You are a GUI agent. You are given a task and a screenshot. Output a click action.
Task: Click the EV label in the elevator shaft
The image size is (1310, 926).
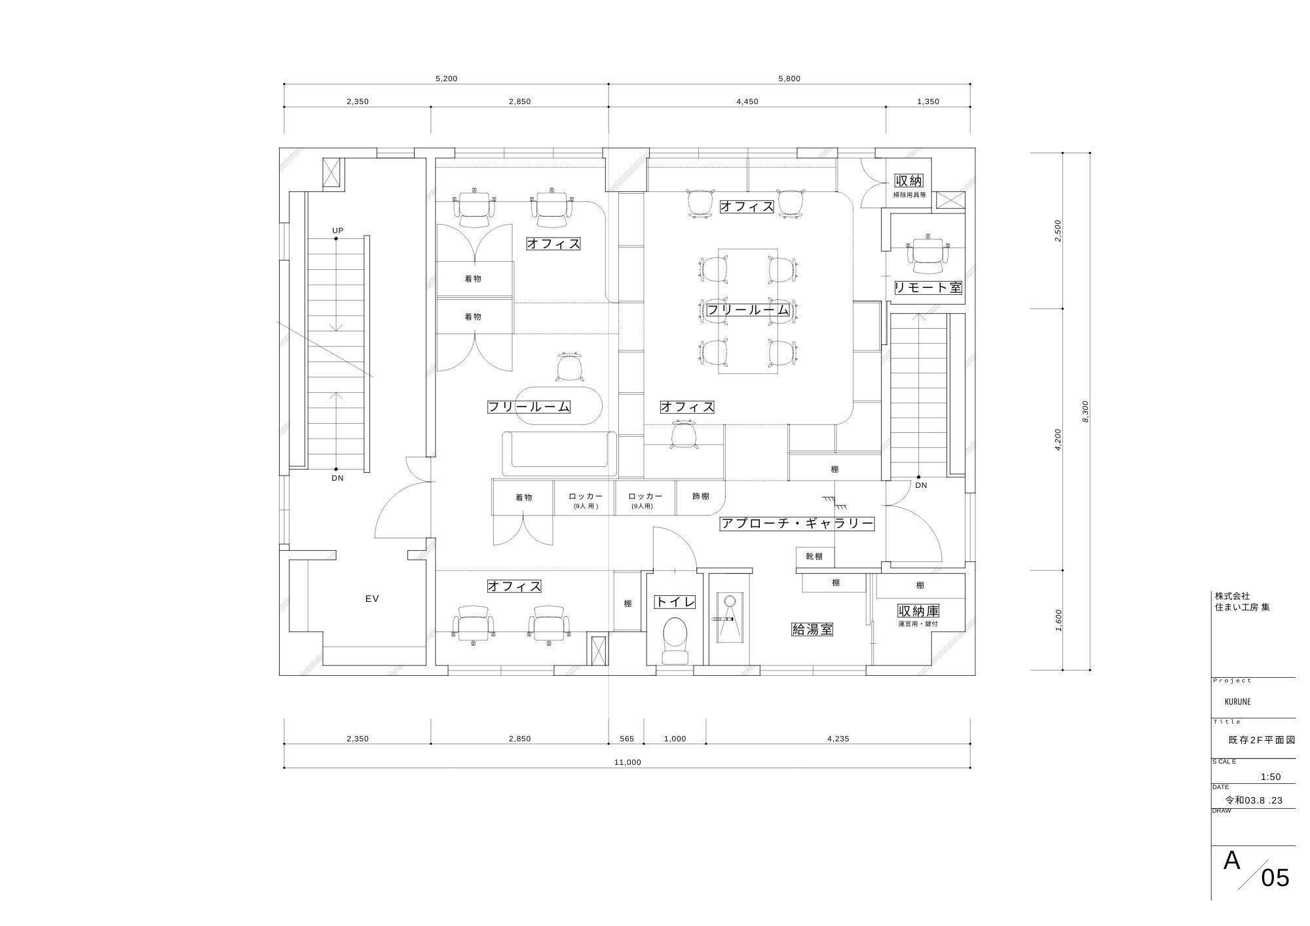coord(372,599)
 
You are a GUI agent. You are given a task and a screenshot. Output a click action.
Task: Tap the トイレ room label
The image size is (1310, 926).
coord(675,602)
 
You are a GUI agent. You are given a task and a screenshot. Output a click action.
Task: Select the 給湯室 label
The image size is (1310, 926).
coord(812,629)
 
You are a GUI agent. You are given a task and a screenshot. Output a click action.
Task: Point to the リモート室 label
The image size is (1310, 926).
coord(928,287)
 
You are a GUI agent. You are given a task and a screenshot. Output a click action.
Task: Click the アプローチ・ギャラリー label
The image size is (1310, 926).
coord(797,523)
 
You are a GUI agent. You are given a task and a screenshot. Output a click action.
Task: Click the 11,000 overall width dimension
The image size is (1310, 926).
coord(628,762)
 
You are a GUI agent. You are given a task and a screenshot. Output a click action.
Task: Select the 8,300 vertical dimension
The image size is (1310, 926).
coord(1085,411)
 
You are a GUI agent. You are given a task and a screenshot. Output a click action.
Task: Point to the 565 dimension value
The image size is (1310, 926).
coord(627,739)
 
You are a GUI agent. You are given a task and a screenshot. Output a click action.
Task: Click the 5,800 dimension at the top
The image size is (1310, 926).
coord(789,79)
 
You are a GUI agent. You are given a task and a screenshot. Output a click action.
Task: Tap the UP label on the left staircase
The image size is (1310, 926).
coord(338,231)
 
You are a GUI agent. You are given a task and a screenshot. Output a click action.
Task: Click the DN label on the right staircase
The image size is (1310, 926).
coord(921,485)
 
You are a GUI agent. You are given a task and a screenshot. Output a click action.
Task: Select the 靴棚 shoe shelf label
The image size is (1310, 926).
coord(814,557)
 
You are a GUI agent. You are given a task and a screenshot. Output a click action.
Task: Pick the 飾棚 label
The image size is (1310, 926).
coord(701,496)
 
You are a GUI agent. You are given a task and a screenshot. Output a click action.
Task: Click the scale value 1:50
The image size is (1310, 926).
coord(1271,777)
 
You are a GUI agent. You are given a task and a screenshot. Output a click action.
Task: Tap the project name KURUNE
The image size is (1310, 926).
coord(1237,701)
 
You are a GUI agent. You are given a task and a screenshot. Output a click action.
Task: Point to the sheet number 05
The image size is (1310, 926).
coord(1275,878)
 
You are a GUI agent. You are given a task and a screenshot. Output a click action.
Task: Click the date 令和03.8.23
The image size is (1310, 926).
coord(1254,800)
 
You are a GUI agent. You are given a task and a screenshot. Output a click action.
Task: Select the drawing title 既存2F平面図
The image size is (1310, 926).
coord(1262,740)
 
